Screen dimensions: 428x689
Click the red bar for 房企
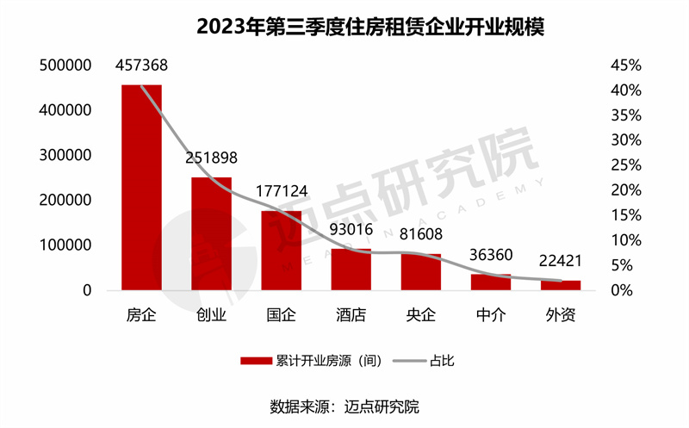tap(141, 187)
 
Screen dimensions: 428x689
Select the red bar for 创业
tap(211, 233)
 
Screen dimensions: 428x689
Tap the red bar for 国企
tap(282, 251)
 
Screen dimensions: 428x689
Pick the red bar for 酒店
tap(351, 270)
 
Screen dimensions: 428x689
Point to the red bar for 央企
tap(421, 272)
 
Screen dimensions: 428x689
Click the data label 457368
tap(141, 65)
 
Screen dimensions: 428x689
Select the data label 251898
tap(211, 158)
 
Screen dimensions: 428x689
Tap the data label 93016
tap(351, 230)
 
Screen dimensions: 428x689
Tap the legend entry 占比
tap(441, 361)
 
